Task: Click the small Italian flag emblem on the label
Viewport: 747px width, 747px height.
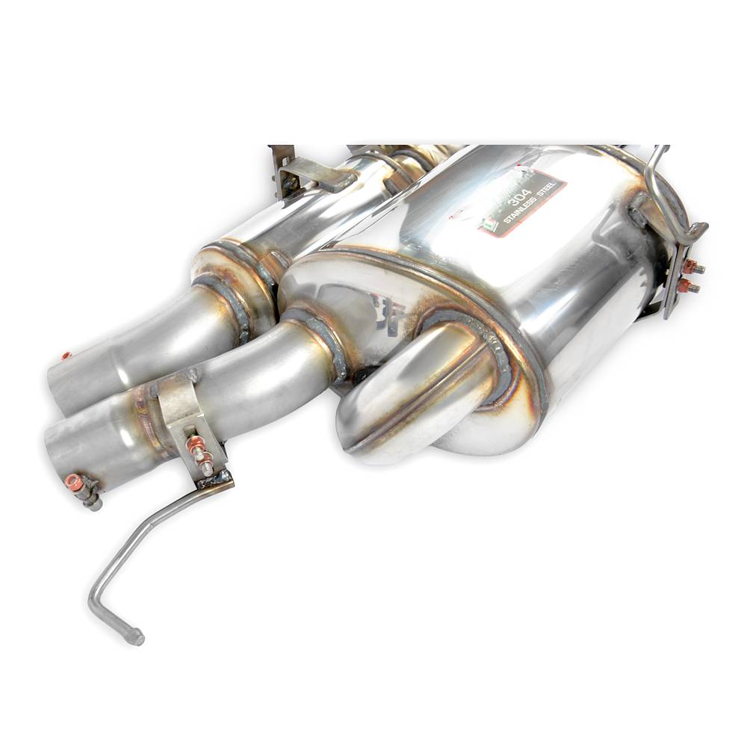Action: (489, 223)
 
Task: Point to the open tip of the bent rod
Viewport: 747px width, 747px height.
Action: (137, 637)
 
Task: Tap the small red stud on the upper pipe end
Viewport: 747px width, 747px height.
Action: (66, 356)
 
